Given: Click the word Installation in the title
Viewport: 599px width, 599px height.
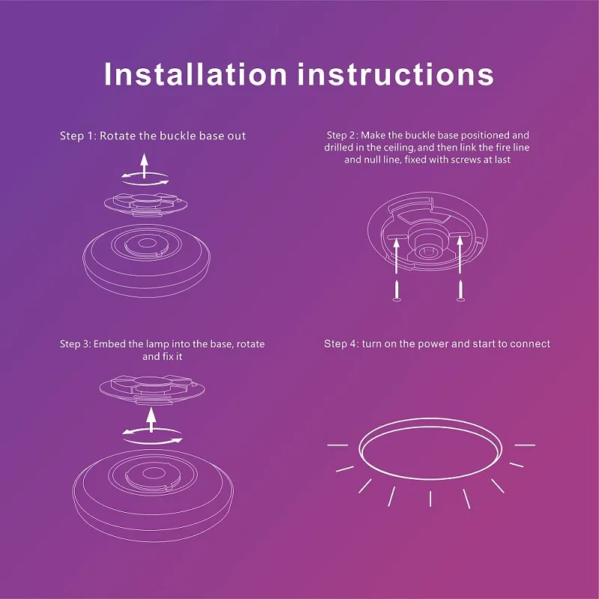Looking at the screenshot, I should point(195,75).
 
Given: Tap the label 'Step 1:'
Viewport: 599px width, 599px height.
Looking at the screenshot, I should point(78,136).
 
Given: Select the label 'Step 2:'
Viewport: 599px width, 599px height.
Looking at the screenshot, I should point(342,136).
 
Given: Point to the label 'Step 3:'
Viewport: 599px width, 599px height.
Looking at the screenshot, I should point(76,344).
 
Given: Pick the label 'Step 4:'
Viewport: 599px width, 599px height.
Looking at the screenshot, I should point(341,344).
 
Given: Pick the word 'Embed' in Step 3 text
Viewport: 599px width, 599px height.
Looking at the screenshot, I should point(109,344).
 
